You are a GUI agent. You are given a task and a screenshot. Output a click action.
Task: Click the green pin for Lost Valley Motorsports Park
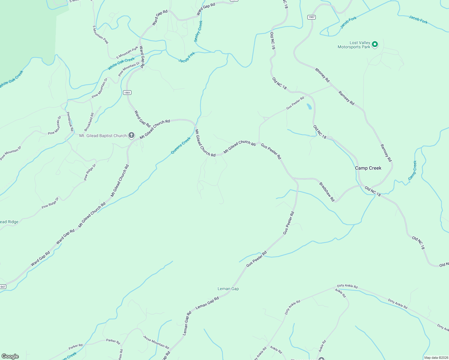pyautogui.click(x=375, y=45)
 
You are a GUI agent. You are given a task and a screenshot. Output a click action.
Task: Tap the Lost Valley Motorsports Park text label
pyautogui.click(x=354, y=45)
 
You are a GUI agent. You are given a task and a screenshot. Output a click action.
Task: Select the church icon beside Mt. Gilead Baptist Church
pyautogui.click(x=131, y=136)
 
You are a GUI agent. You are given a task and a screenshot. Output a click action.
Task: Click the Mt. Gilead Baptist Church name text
pyautogui.click(x=103, y=136)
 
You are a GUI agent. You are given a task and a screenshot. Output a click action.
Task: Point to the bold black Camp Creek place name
pyautogui.click(x=368, y=168)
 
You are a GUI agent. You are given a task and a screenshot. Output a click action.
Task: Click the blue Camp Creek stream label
pyautogui.click(x=413, y=170)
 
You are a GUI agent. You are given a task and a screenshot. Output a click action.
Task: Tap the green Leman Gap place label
pyautogui.click(x=228, y=289)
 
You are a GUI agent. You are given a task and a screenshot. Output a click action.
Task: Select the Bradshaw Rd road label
pyautogui.click(x=327, y=192)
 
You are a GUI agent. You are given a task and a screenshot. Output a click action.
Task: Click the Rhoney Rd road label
pyautogui.click(x=322, y=75)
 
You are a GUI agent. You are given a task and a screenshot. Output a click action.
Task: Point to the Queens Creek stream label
pyautogui.click(x=181, y=145)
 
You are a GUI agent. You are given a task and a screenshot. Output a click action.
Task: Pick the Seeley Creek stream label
pyautogui.click(x=198, y=31)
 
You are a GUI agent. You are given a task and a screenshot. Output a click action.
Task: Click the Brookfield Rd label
pyautogui.click(x=89, y=122)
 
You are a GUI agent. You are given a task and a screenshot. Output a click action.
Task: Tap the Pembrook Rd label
pyautogui.click(x=70, y=121)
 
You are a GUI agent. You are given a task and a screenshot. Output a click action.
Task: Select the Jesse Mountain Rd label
pyautogui.click(x=156, y=342)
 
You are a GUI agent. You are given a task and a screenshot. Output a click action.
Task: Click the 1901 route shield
pyautogui.click(x=127, y=93)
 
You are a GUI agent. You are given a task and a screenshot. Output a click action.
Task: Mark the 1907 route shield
pyautogui.click(x=312, y=17)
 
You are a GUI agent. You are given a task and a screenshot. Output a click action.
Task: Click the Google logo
pyautogui.click(x=10, y=356)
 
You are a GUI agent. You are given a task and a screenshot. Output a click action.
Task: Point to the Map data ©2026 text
pyautogui.click(x=436, y=358)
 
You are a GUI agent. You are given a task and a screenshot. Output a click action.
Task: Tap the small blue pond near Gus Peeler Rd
pyautogui.click(x=309, y=106)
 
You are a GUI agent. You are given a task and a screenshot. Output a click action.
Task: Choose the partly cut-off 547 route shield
pyautogui.click(x=2, y=287)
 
